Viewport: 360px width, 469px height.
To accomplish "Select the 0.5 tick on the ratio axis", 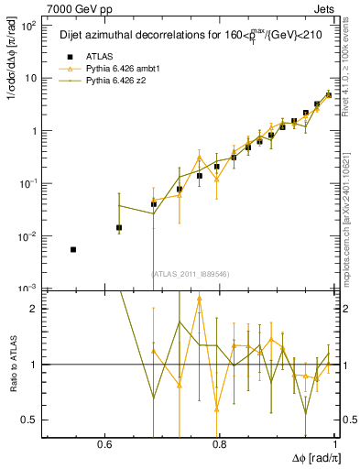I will tap(35, 420).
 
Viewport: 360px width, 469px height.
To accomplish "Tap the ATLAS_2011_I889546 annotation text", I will tap(191, 274).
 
